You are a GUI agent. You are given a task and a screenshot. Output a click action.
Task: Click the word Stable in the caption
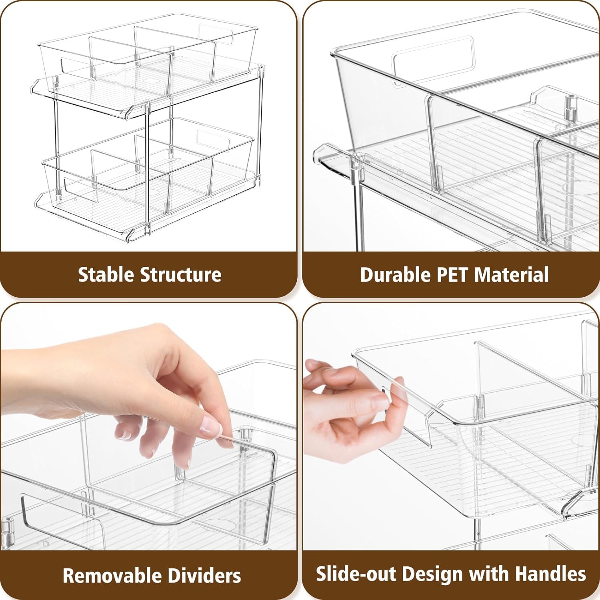coord(106,275)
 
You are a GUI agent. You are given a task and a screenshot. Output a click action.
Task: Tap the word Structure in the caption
coord(180,275)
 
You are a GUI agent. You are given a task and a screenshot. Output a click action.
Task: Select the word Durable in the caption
coord(394,275)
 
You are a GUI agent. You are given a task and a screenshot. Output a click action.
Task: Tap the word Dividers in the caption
coord(204,576)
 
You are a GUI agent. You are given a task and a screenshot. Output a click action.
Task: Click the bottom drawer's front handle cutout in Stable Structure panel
coord(76,185)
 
